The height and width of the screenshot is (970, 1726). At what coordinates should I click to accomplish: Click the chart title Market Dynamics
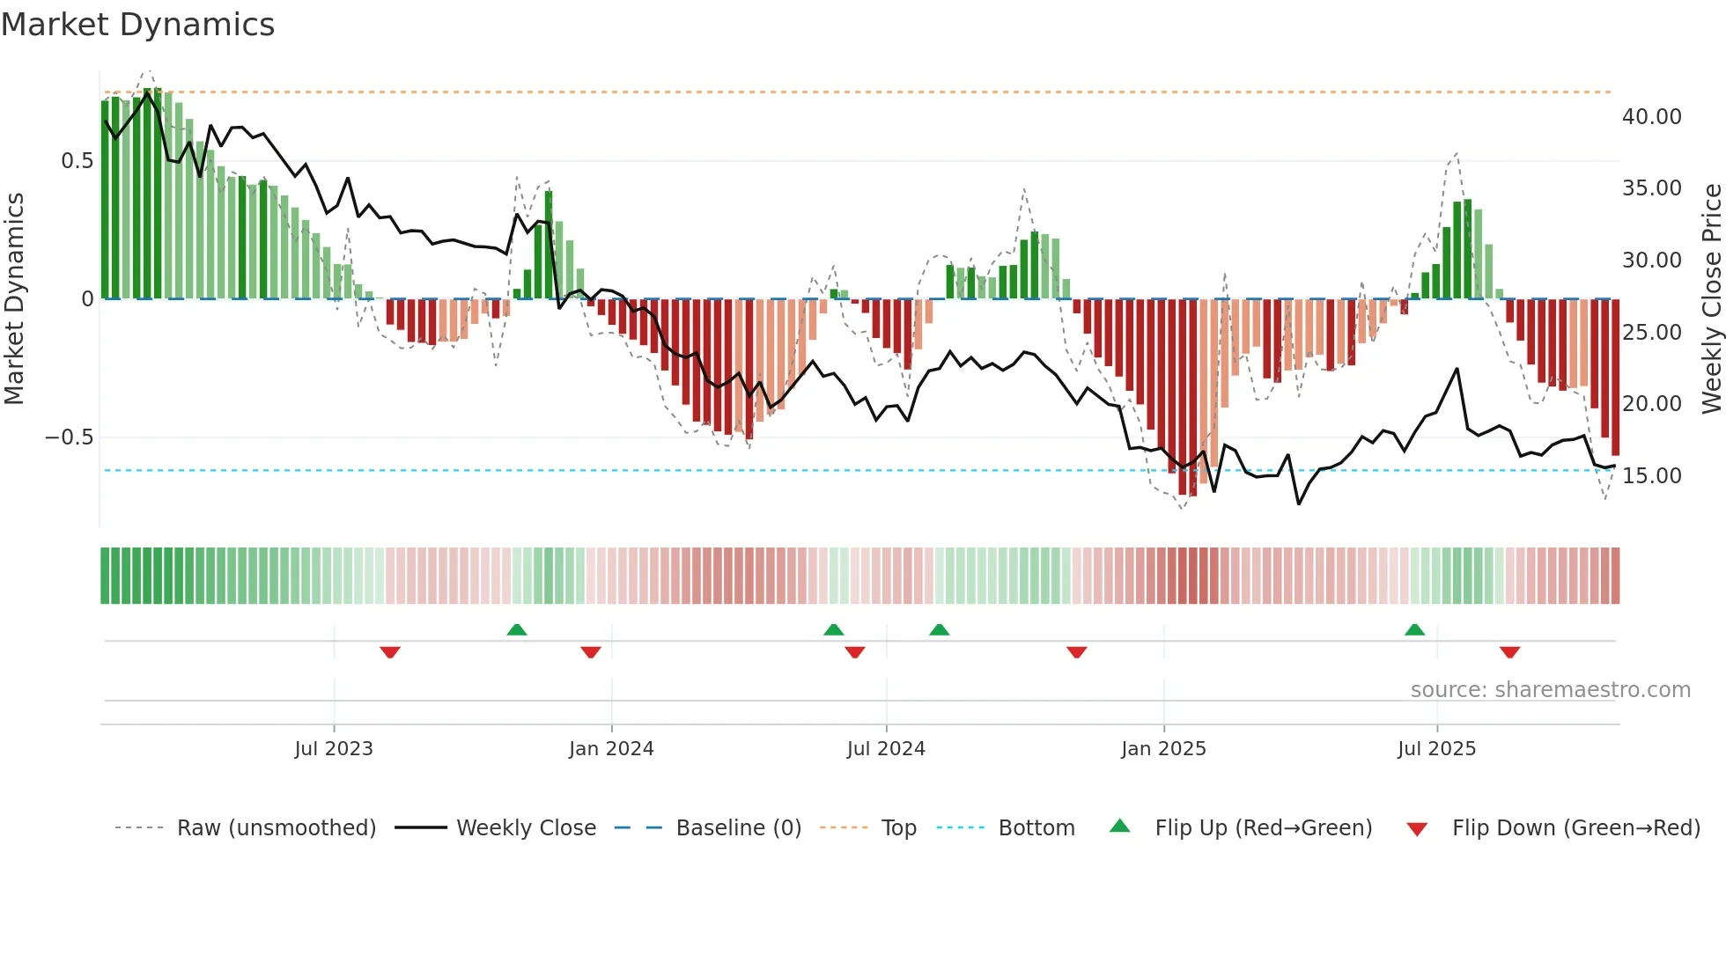(x=138, y=25)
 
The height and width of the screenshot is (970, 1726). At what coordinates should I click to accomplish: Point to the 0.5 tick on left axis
(x=77, y=161)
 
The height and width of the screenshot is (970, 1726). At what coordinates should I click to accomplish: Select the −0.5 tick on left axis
(x=69, y=437)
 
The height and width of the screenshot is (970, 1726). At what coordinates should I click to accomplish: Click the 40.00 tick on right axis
(x=1651, y=117)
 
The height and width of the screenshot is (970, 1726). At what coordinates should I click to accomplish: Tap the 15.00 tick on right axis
(x=1651, y=476)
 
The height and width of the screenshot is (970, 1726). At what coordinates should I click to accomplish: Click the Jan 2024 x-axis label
(x=611, y=749)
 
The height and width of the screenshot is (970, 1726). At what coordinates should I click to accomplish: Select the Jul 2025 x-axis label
(x=1436, y=749)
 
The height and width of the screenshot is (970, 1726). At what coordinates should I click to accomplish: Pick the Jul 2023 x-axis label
(x=334, y=749)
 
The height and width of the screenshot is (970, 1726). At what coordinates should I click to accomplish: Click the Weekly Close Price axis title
(x=1711, y=299)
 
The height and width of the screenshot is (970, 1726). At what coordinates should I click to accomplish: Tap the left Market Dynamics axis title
(x=14, y=299)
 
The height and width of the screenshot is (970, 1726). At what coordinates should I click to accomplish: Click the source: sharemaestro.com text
(x=1550, y=690)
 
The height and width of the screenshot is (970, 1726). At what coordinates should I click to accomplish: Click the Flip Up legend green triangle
(x=1119, y=826)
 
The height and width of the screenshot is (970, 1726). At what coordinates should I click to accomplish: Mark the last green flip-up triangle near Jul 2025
(x=1414, y=630)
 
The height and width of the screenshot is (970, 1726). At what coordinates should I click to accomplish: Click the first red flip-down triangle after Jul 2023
(x=390, y=652)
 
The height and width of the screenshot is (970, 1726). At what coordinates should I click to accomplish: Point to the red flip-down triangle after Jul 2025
(x=1509, y=652)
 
